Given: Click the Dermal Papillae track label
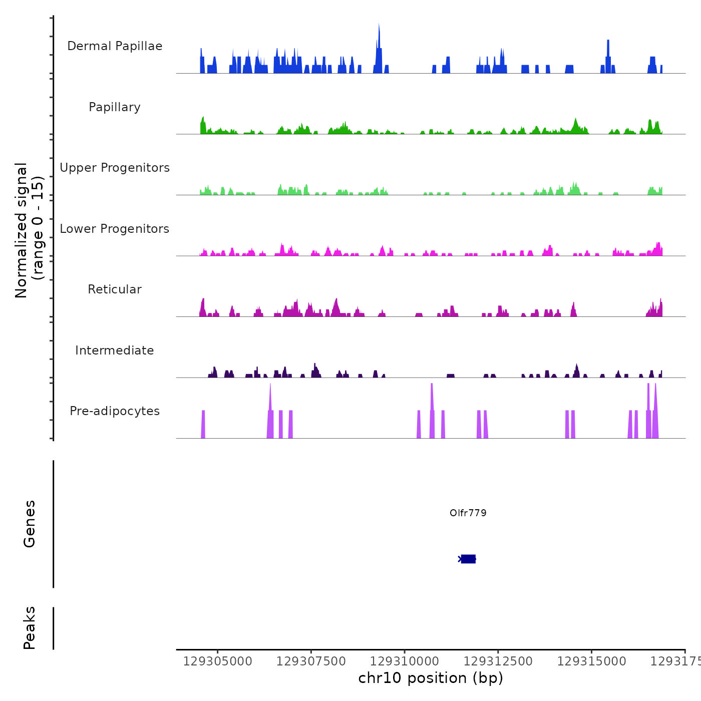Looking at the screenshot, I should click(115, 46).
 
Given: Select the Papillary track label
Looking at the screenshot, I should click(115, 107).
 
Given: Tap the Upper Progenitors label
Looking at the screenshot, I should click(115, 168).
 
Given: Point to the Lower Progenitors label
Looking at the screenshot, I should click(115, 229).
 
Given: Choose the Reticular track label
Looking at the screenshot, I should click(115, 289).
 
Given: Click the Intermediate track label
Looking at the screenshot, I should click(115, 350).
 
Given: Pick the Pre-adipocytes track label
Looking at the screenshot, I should click(115, 411).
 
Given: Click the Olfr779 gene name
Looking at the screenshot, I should click(468, 513).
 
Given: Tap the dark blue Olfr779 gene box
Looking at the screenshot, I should click(468, 559).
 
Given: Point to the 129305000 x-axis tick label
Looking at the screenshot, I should click(218, 661).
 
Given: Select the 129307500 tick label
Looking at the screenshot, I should click(311, 661).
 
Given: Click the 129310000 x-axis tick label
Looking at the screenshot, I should click(405, 661).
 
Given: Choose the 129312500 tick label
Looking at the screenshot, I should click(498, 661).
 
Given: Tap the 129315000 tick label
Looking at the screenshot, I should click(591, 661).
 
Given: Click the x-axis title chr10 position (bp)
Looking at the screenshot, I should click(431, 678).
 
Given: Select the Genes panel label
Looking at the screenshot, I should click(30, 524).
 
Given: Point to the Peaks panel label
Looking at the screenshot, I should click(30, 628).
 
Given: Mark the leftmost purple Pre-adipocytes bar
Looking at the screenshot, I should click(203, 425).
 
